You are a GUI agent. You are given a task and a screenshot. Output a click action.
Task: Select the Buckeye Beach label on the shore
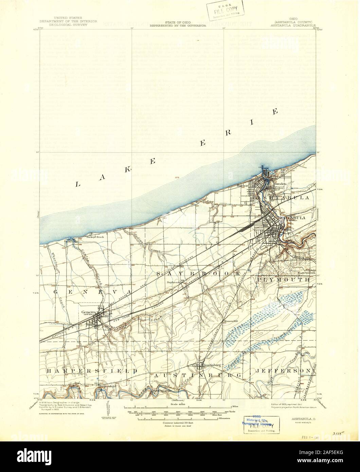coord(95,237)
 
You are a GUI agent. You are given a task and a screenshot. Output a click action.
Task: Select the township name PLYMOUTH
coord(284,279)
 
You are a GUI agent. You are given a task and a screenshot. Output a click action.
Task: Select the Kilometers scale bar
coord(180,419)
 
